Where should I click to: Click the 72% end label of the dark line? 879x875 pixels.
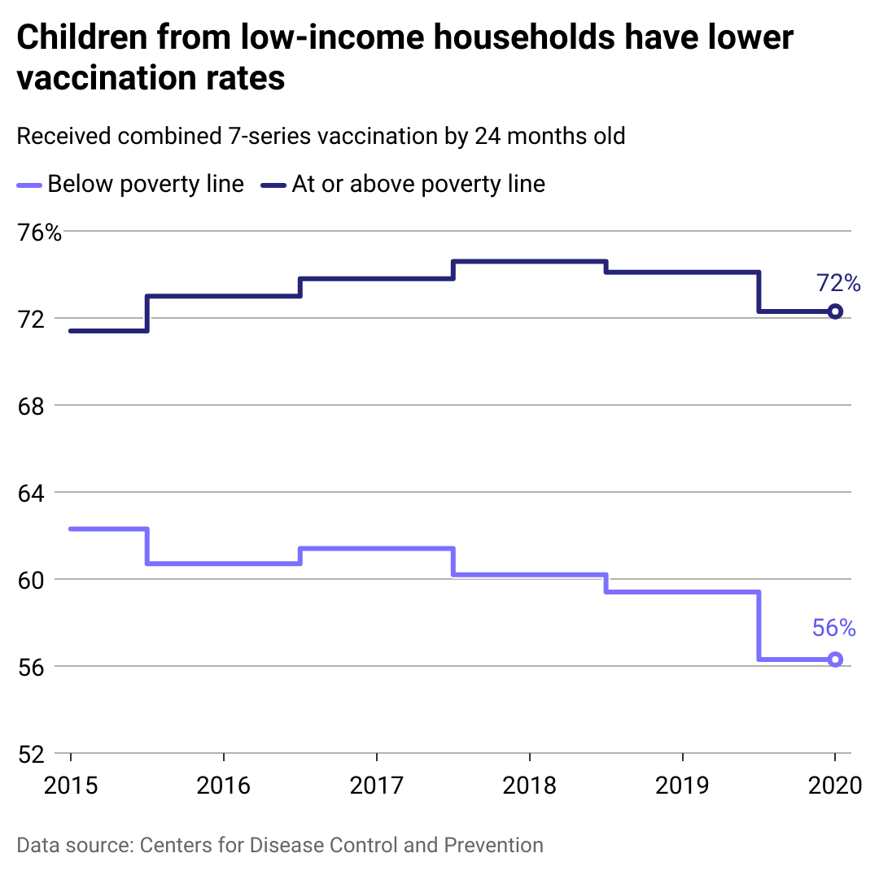pyautogui.click(x=838, y=283)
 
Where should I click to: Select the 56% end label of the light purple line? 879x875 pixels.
pyautogui.click(x=834, y=628)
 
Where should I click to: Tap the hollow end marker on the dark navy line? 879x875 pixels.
pyautogui.click(x=834, y=311)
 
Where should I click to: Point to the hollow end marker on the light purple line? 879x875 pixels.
pyautogui.click(x=834, y=660)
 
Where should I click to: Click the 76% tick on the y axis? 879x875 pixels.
pyautogui.click(x=39, y=233)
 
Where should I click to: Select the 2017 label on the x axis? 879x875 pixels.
pyautogui.click(x=376, y=786)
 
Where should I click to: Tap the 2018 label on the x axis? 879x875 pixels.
pyautogui.click(x=529, y=786)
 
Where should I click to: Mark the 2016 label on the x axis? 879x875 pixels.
pyautogui.click(x=223, y=786)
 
